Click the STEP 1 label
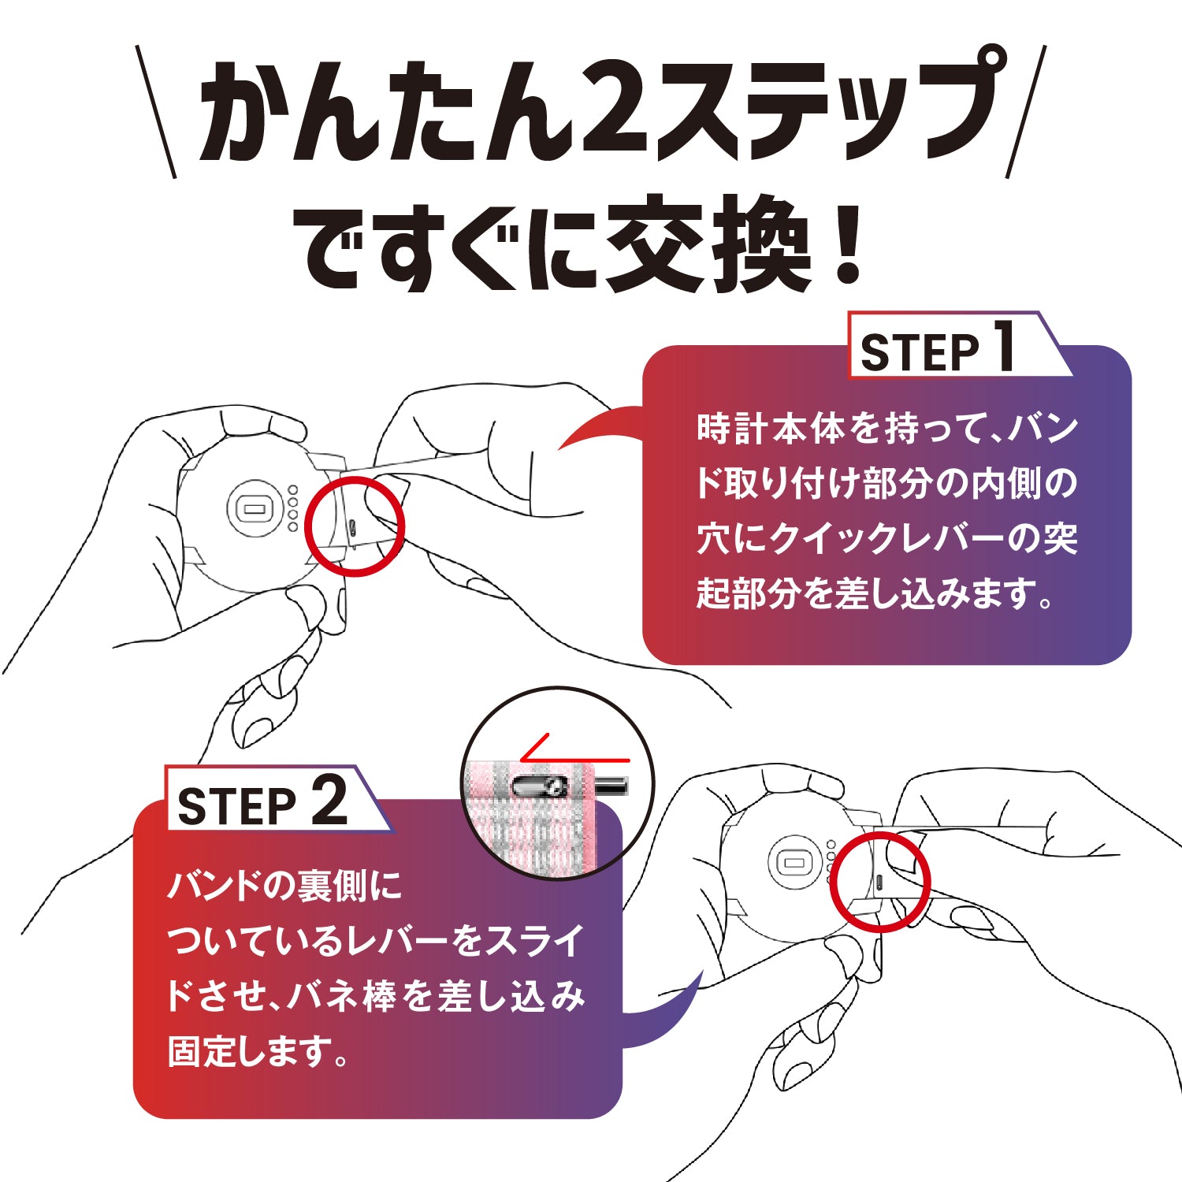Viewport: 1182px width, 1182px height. pos(938,351)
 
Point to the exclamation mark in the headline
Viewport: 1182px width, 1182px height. pos(846,244)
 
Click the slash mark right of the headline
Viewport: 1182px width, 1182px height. pos(1026,110)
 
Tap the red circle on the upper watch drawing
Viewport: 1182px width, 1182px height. pos(354,525)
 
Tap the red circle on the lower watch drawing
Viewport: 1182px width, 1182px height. pos(883,881)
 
